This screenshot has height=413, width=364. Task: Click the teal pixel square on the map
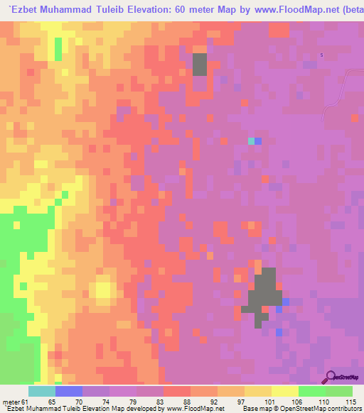(251, 141)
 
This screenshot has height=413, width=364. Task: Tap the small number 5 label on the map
(321, 55)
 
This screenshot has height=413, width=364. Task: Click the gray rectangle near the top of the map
(200, 64)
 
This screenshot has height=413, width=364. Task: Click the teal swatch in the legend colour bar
(42, 391)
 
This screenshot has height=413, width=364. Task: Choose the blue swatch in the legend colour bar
(69, 391)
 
